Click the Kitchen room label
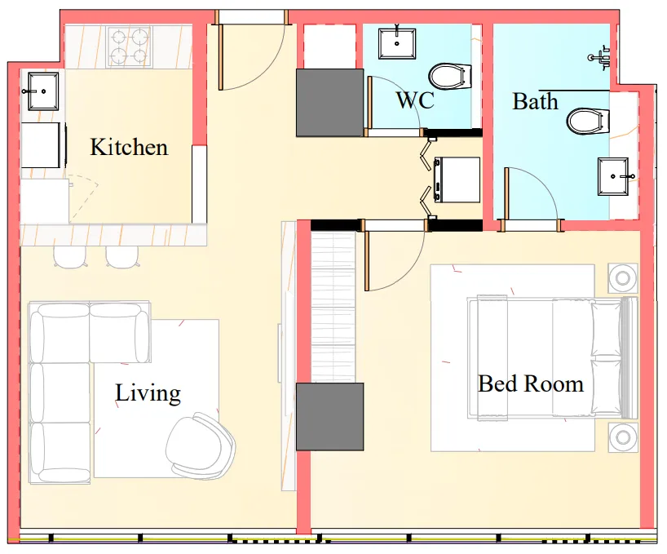129,148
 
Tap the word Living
148,393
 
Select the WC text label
414,101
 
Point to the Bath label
536,102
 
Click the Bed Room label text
531,383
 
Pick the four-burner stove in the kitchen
130,47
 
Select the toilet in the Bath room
588,122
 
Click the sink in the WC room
398,41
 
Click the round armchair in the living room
199,446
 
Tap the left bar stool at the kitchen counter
69,256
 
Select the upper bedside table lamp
623,278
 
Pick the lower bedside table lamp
623,437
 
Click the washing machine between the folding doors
457,179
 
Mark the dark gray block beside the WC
329,103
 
